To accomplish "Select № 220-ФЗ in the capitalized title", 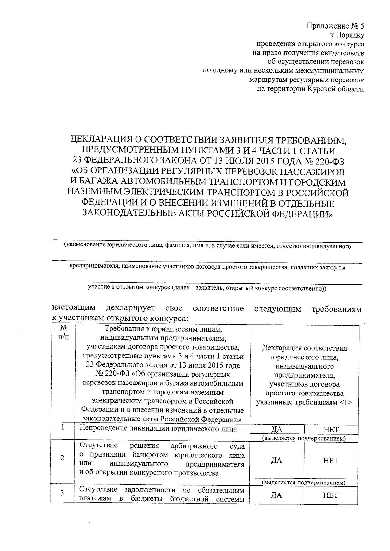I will click(330, 161).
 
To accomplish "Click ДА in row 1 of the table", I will click(277, 430).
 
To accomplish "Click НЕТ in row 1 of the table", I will click(331, 430).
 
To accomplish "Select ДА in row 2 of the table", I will click(276, 460).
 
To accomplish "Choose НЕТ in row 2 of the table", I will click(331, 460).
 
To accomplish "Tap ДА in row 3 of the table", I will click(276, 495).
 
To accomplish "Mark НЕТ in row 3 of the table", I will click(331, 495).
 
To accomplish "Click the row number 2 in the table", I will click(62, 458).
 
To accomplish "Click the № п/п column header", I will click(64, 333).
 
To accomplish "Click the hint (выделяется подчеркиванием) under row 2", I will click(304, 483).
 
